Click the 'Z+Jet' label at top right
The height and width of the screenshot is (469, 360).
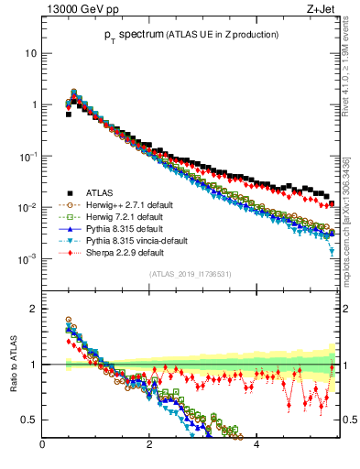(321, 11)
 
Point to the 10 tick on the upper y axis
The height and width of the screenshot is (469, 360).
(30, 53)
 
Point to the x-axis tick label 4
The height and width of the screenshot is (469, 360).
(256, 446)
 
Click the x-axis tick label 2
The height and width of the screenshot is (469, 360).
(149, 446)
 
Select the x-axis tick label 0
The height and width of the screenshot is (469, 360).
(42, 446)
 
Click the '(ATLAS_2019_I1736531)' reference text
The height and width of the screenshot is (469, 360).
(190, 274)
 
